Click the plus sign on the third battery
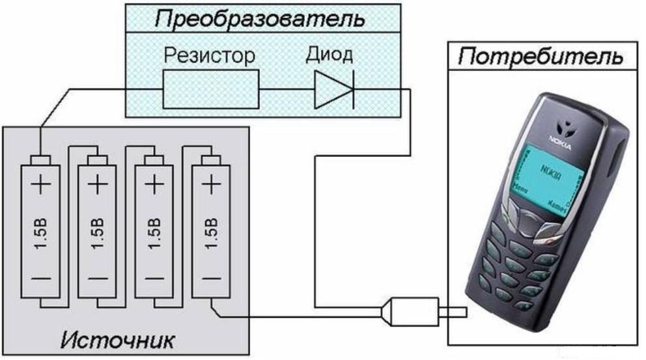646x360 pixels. click(154, 186)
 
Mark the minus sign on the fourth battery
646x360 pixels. click(210, 279)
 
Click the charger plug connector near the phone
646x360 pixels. click(410, 313)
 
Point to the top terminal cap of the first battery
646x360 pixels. click(40, 160)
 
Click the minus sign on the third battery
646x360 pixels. click(154, 279)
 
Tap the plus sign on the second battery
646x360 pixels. click(97, 186)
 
